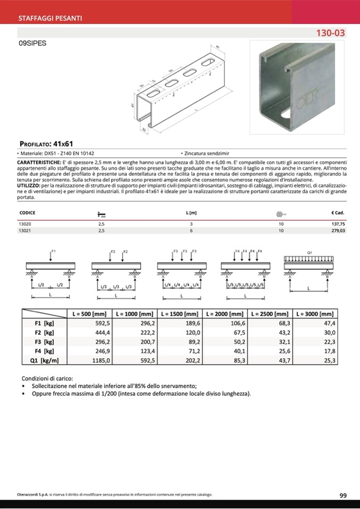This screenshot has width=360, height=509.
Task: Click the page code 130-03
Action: pyautogui.click(x=330, y=33)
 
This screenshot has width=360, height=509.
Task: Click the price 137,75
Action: pyautogui.click(x=338, y=225)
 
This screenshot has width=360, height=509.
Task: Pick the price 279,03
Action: pyautogui.click(x=338, y=231)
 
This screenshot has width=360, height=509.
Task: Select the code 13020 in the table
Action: pyautogui.click(x=24, y=225)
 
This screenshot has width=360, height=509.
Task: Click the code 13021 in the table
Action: pyautogui.click(x=24, y=231)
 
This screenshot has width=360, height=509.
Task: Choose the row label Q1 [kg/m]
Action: pyautogui.click(x=45, y=360)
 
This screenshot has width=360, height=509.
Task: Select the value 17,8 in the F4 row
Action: pyautogui.click(x=329, y=351)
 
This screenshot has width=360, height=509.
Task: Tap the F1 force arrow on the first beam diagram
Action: pyautogui.click(x=50, y=255)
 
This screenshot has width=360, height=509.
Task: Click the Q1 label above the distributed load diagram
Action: pyautogui.click(x=310, y=251)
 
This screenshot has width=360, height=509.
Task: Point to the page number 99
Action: pyautogui.click(x=343, y=495)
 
